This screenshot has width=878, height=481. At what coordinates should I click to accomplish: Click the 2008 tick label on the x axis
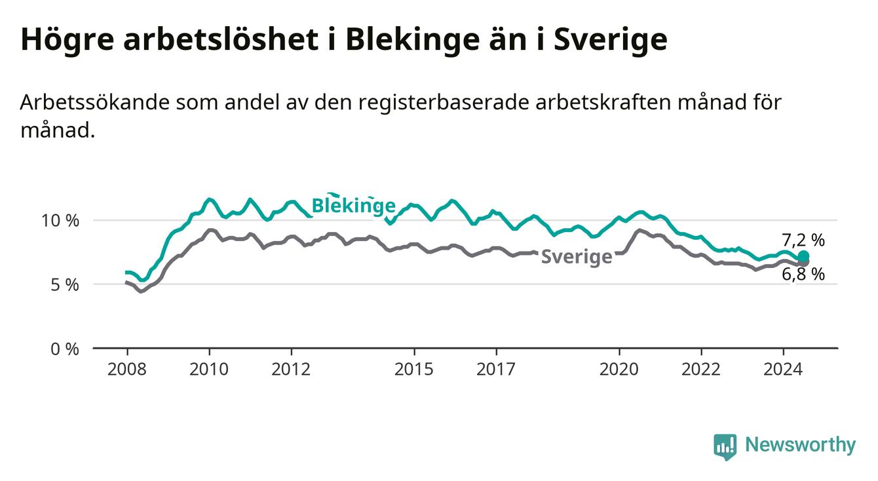[126, 370]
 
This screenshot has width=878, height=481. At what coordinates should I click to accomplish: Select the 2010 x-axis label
[209, 370]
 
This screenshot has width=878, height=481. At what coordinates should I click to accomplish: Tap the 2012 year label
[291, 370]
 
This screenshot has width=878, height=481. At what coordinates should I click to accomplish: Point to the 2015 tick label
[414, 370]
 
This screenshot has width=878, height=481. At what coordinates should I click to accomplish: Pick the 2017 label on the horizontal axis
[496, 370]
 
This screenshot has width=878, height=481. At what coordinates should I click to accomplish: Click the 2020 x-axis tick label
[619, 370]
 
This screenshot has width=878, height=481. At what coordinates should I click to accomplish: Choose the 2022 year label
[701, 370]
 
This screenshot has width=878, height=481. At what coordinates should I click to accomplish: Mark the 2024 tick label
[783, 370]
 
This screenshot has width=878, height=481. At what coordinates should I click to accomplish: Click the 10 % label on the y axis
[60, 221]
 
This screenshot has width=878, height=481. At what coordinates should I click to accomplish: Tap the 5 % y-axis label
[65, 285]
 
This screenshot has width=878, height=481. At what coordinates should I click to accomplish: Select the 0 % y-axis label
[65, 349]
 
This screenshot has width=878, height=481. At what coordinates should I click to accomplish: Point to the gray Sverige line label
[577, 258]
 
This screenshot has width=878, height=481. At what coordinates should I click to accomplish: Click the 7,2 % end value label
[803, 240]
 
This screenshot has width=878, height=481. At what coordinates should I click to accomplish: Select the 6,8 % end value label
[803, 274]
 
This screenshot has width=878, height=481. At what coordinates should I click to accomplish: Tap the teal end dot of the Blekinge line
[803, 256]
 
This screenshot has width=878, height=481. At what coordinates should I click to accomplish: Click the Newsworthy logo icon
[725, 446]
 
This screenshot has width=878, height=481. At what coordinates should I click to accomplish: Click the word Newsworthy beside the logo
[801, 444]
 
